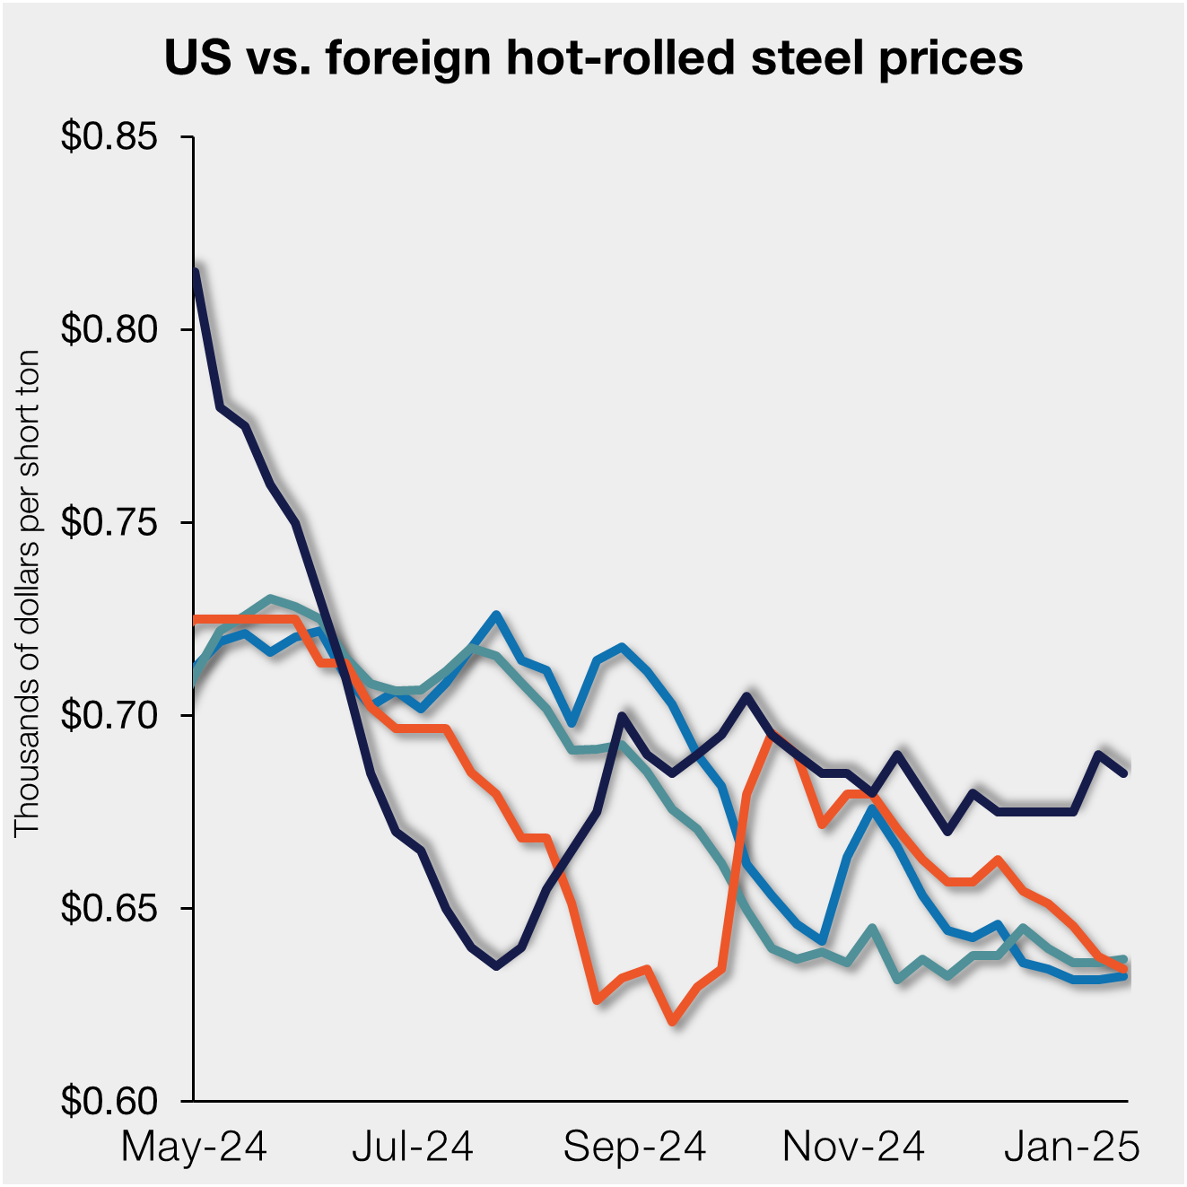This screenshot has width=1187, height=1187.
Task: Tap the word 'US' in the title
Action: pyautogui.click(x=193, y=58)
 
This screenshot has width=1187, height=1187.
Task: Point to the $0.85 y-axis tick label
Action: pyautogui.click(x=109, y=137)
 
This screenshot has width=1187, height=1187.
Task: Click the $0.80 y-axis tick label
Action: pyautogui.click(x=109, y=329)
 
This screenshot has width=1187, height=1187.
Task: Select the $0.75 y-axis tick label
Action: pyautogui.click(x=109, y=522)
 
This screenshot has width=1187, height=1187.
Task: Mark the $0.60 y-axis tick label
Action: pyautogui.click(x=109, y=1101)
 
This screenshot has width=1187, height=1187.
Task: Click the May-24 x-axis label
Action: pyautogui.click(x=194, y=1147)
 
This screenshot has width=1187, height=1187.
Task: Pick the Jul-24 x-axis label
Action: pyautogui.click(x=413, y=1147)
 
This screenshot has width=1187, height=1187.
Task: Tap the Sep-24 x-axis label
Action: pyautogui.click(x=634, y=1147)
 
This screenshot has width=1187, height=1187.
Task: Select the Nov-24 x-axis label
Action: pyautogui.click(x=853, y=1147)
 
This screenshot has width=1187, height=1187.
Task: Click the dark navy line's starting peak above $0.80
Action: pyautogui.click(x=195, y=271)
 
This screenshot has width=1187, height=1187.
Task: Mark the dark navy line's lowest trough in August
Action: pyautogui.click(x=496, y=966)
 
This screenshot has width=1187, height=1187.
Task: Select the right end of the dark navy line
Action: pyautogui.click(x=1125, y=772)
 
